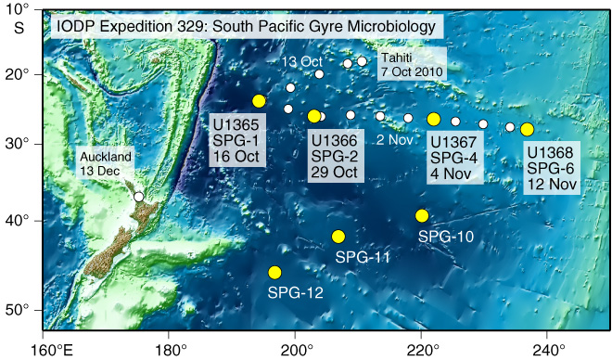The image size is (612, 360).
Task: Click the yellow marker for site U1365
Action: (x=259, y=101)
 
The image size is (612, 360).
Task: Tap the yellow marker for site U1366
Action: (x=314, y=116)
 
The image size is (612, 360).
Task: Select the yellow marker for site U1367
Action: (x=434, y=119)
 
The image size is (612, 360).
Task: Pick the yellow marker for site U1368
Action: (x=527, y=130)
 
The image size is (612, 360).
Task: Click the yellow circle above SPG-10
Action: (x=422, y=215)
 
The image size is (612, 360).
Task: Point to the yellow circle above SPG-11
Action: (x=338, y=237)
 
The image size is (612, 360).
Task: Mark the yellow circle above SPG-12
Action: (x=274, y=272)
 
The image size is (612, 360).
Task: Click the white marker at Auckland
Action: (x=139, y=197)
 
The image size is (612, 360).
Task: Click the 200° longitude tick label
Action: (x=295, y=348)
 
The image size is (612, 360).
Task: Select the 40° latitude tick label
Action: (x=21, y=221)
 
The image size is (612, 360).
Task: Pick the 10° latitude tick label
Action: (x=21, y=9)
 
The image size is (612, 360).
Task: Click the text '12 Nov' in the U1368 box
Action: (x=552, y=184)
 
